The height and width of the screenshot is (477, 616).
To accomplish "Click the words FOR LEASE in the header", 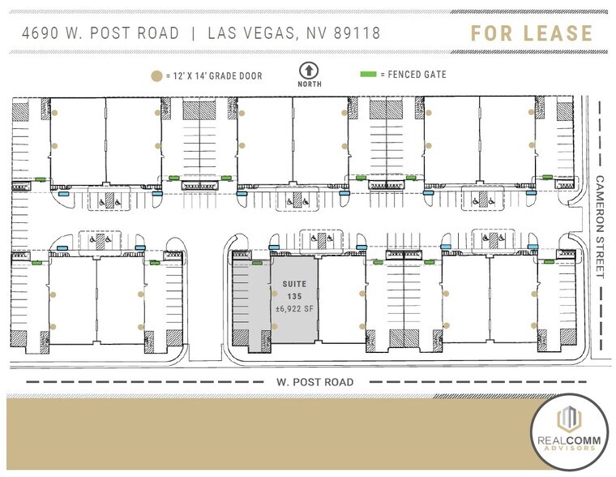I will point(532,33).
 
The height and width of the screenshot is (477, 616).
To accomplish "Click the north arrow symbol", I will point(308,71).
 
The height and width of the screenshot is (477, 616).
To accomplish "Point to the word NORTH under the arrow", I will point(308,84).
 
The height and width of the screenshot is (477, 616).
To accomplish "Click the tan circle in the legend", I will point(156,75).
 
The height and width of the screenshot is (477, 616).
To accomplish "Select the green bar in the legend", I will point(368,75).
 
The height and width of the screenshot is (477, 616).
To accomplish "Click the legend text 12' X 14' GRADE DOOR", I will point(215,75).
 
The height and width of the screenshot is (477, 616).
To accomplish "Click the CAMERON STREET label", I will point(601,226).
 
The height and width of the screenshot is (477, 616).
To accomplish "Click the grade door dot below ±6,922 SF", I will point(275,326).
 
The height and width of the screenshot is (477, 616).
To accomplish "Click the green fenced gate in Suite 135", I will point(258,264).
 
